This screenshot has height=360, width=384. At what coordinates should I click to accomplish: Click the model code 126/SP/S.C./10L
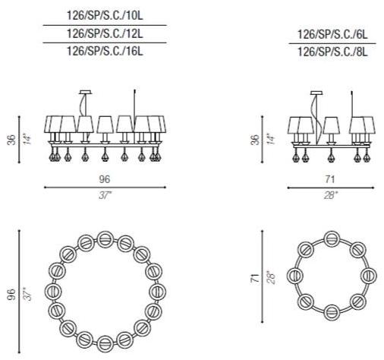point(105,16)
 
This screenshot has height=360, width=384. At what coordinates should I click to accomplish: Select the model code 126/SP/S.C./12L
point(105,33)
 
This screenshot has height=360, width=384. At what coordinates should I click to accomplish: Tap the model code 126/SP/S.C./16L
point(105,51)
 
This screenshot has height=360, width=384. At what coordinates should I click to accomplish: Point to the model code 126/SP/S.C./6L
point(332,34)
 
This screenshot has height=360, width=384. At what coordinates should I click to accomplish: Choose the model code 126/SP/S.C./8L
point(332,52)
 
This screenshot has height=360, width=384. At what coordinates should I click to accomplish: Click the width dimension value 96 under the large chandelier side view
point(105,179)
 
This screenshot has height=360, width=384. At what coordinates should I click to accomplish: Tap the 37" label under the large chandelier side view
point(105,196)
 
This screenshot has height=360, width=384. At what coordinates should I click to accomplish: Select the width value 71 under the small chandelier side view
point(330,179)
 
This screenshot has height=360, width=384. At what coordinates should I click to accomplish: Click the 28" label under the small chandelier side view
point(331,196)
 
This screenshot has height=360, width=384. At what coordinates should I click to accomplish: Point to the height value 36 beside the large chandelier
point(11,140)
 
